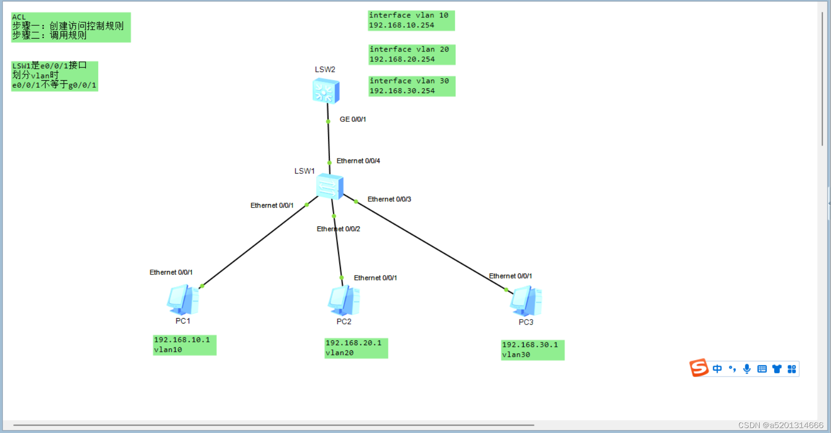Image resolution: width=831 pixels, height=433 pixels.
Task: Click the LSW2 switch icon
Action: click(326, 91)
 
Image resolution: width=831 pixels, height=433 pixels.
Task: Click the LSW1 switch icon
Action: click(330, 186)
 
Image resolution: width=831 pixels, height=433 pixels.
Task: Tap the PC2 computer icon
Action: click(343, 300)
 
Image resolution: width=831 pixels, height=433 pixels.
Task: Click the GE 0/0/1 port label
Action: click(353, 119)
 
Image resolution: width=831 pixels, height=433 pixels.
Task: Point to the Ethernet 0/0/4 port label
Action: click(358, 161)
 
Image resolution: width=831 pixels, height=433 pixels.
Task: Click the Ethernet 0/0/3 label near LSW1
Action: click(389, 199)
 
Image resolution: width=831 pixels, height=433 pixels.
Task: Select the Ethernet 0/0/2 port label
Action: click(338, 229)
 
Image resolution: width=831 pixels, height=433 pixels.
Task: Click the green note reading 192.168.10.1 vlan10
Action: click(184, 345)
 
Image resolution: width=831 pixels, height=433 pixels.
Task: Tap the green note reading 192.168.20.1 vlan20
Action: click(356, 348)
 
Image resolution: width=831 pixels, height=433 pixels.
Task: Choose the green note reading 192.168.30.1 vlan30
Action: click(532, 350)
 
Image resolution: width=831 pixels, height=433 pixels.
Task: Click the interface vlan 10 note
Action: click(411, 20)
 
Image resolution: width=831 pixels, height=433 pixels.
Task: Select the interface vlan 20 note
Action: click(411, 54)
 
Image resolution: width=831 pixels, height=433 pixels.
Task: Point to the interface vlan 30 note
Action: click(411, 86)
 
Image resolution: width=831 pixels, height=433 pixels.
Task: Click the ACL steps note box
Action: click(70, 27)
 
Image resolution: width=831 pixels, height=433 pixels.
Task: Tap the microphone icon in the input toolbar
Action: click(747, 369)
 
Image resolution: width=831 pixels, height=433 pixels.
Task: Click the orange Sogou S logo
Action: click(699, 368)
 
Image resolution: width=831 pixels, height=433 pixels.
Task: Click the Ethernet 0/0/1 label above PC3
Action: click(510, 276)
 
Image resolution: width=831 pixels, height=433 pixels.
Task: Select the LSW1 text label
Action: click(304, 171)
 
